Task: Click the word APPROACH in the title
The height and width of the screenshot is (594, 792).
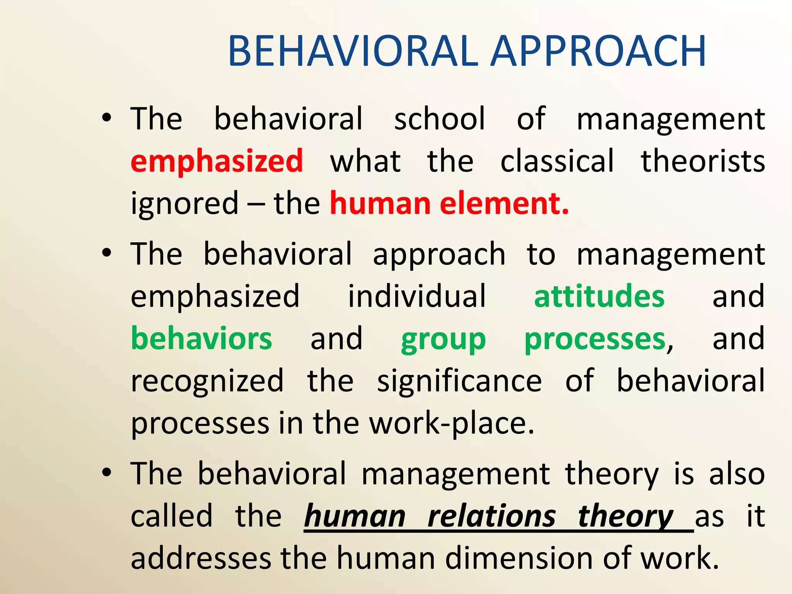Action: [599, 51]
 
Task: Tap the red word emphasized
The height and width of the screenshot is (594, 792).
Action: [217, 161]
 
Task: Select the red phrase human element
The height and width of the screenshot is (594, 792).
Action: [449, 203]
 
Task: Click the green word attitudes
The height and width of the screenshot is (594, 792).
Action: [599, 296]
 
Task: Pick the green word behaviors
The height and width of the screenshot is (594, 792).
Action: [201, 339]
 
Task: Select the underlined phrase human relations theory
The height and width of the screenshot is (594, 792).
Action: [489, 517]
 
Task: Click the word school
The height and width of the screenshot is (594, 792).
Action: [439, 118]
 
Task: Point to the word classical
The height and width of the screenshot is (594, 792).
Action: [557, 161]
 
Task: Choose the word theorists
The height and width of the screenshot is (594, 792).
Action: [703, 161]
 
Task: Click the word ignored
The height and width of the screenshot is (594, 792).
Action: [185, 204]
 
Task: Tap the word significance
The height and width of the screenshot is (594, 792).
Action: [459, 381]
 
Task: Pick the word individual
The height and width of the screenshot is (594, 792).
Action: [416, 296]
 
